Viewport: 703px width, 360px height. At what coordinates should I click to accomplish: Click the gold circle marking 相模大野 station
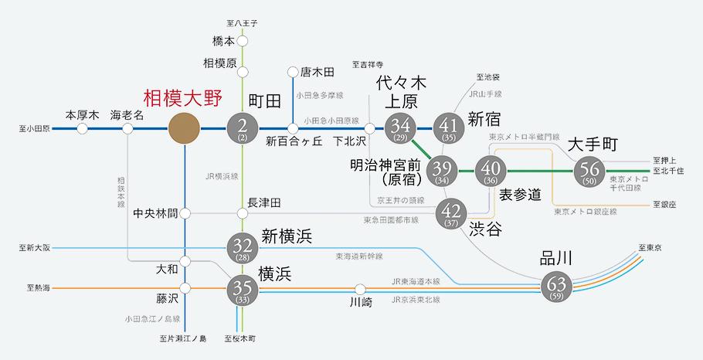point(184,129)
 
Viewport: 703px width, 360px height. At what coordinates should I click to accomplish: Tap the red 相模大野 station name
point(183,99)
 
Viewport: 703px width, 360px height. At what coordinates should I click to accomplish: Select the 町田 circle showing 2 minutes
point(243,129)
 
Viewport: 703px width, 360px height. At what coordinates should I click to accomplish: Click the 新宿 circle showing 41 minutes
point(449,129)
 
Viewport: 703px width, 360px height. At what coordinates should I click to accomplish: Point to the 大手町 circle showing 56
point(590,172)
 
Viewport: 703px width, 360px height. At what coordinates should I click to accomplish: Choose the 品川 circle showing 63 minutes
point(557,285)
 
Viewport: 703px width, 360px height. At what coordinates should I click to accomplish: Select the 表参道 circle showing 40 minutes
point(491,172)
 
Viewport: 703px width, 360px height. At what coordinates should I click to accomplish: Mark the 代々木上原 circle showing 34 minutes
point(400,129)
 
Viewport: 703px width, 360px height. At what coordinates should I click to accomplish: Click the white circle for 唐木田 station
point(293,72)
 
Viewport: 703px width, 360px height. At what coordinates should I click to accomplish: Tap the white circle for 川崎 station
point(361,289)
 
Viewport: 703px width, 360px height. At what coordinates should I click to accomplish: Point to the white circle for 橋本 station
point(243,41)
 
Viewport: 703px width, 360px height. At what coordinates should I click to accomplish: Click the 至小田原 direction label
point(35,129)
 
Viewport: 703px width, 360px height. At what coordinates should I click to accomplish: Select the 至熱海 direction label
point(38,288)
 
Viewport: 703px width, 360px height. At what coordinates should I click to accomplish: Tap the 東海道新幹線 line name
point(359,256)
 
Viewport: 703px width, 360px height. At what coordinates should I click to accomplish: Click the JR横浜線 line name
point(221,177)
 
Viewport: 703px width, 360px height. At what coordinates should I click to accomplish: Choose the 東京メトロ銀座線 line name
point(586,211)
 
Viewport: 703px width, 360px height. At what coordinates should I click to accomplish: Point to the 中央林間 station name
point(155,214)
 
